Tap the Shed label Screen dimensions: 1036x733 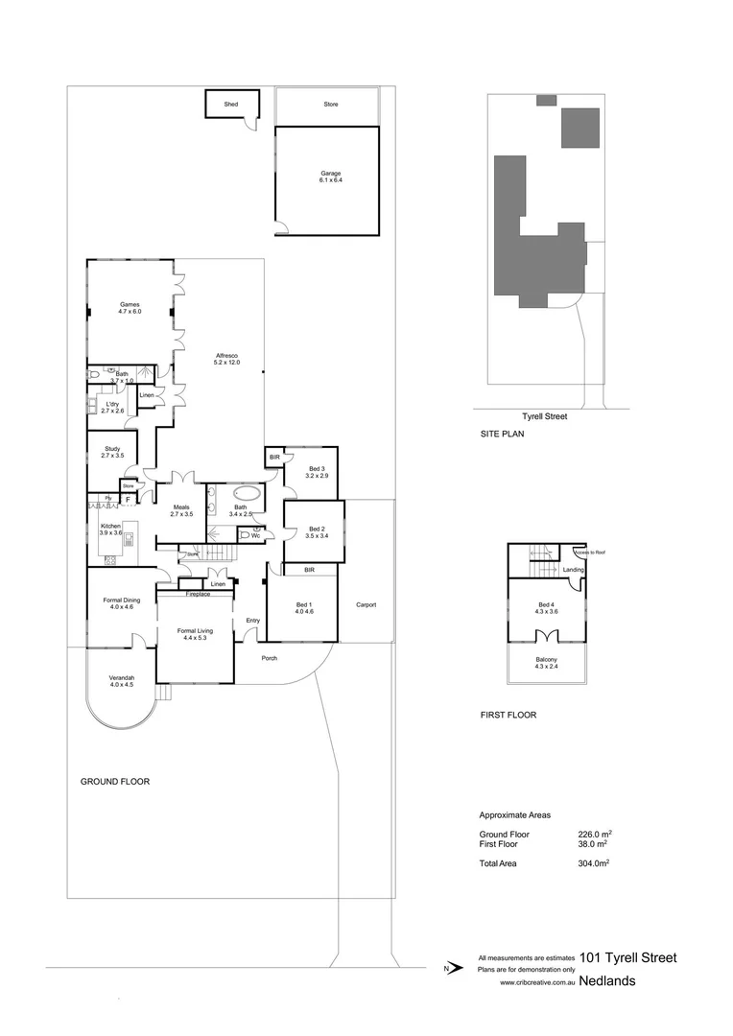[230, 104]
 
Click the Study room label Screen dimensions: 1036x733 [111, 450]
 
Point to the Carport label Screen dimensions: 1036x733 [366, 605]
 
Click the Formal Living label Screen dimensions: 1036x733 [195, 633]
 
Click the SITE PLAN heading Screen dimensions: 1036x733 [502, 434]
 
